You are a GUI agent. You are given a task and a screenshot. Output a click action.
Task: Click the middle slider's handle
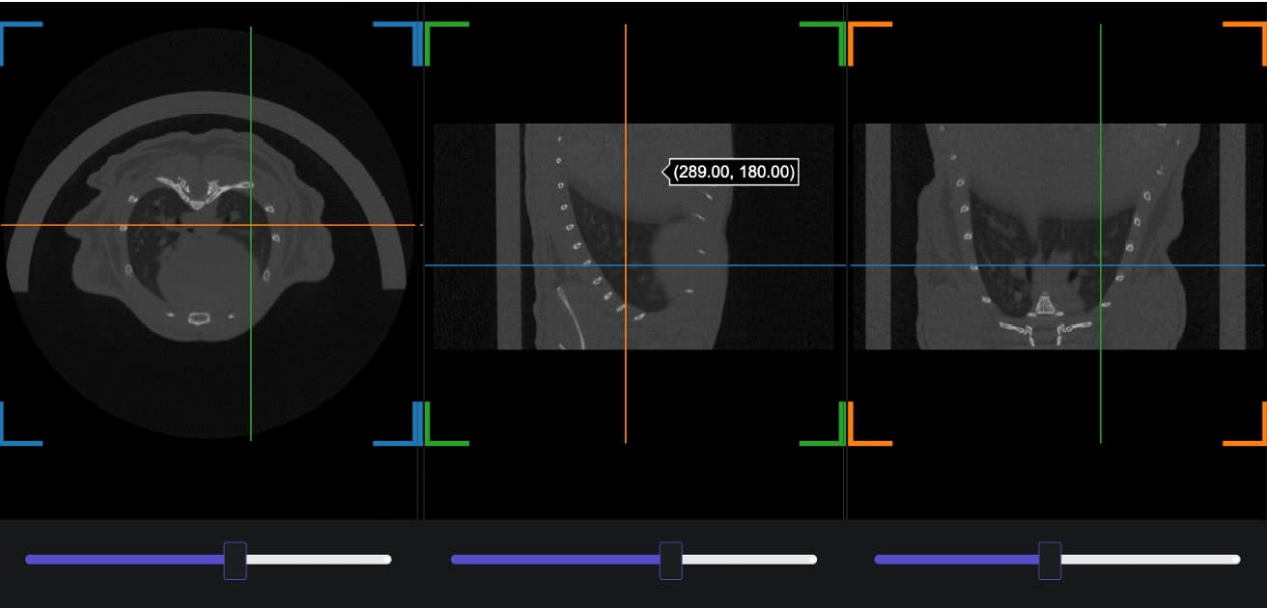click(x=671, y=561)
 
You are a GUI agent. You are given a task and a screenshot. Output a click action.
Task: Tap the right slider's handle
click(x=1050, y=561)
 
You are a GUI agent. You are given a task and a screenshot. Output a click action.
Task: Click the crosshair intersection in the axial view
click(x=251, y=225)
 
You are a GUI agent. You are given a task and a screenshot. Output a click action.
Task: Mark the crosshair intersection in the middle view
click(x=626, y=265)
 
